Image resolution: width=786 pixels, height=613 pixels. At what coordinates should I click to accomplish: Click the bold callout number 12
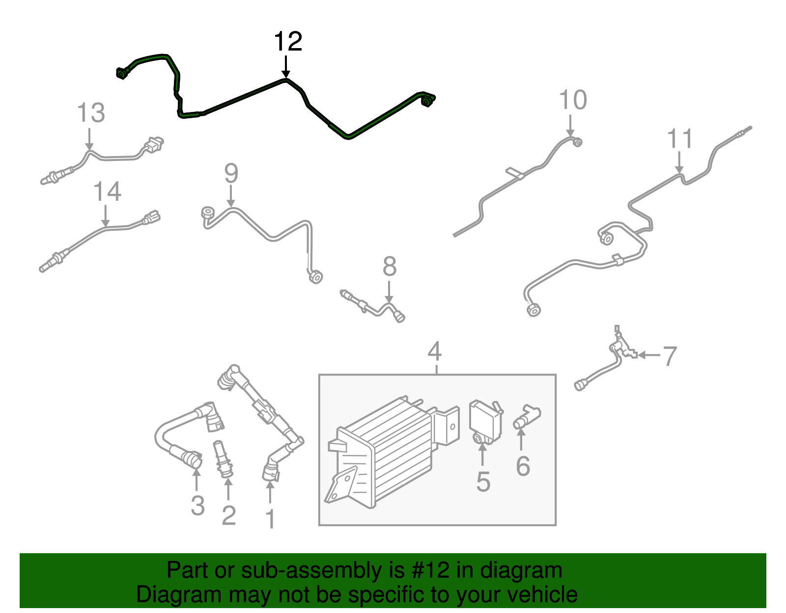[288, 42]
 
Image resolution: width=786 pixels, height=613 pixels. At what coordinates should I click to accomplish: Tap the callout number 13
[91, 112]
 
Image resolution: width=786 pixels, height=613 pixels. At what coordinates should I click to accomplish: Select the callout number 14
[108, 191]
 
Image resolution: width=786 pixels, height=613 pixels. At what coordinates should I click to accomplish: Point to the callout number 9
[231, 173]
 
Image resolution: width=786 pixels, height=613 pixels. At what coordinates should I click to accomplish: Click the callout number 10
[573, 100]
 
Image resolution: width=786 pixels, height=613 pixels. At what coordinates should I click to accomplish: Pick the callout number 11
[680, 138]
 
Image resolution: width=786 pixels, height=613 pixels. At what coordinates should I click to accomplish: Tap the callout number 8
[390, 267]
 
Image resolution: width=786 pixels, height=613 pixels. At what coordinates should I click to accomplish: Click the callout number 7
[670, 356]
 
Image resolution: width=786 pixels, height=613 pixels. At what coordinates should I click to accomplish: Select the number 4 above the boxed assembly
[434, 351]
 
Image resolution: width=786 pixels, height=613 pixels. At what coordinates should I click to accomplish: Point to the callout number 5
[483, 481]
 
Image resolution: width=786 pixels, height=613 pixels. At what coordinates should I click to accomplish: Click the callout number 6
[523, 466]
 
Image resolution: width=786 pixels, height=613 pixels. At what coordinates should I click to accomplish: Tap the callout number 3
[198, 506]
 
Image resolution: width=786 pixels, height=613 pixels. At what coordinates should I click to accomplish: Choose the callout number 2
[229, 515]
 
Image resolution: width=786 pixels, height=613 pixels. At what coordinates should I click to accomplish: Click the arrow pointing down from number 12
[286, 67]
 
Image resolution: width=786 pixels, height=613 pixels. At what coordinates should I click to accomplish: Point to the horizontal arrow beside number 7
[649, 355]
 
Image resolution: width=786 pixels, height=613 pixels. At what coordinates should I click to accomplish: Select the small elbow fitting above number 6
[527, 417]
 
